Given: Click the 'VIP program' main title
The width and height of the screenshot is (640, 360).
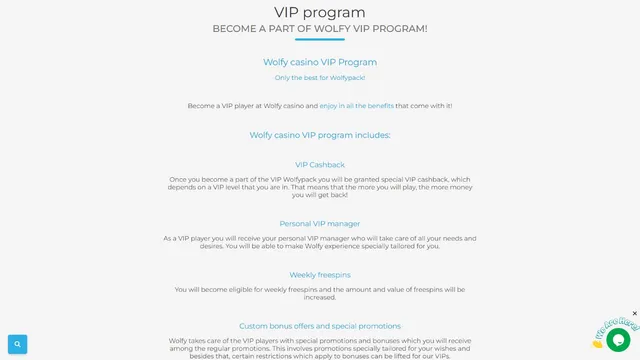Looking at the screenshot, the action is coord(319,12).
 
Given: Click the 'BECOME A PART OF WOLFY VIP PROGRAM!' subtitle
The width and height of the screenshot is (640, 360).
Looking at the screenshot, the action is coord(319,29).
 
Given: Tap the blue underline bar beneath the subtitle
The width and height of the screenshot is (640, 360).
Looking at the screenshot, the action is coord(319,40).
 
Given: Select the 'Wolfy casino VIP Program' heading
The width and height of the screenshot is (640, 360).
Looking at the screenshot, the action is coord(319,62).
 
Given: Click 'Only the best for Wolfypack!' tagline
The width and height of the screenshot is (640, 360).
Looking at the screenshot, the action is coord(319,78).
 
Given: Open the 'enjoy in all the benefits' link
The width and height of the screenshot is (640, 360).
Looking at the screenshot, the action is coord(356,105).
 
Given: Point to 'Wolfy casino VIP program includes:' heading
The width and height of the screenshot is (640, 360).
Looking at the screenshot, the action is coord(319,135).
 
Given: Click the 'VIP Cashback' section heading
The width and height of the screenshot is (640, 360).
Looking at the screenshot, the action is coord(319,165).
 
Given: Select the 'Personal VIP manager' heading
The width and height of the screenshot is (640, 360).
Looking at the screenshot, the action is coord(319,224).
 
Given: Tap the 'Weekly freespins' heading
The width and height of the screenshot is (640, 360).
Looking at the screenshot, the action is coord(319,275).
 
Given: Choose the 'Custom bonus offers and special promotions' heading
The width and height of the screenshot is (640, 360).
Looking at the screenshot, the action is coord(319,326).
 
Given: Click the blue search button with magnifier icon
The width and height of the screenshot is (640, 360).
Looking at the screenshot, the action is coord(17,344).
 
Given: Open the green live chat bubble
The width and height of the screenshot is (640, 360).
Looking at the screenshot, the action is coord(618,339).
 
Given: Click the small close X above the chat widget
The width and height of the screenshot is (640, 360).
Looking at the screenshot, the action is coord(634,313).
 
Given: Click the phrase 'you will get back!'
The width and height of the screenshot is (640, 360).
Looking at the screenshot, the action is coord(319,195).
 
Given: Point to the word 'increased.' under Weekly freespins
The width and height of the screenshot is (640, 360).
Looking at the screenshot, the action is coord(319,297).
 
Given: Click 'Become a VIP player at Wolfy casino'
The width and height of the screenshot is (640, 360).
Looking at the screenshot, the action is coord(252,105).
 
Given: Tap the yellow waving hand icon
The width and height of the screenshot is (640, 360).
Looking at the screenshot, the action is coord(598,342).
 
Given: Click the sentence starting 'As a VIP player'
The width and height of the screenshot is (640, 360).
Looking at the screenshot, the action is coord(319,239).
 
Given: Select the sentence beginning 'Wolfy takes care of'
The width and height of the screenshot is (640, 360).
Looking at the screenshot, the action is coord(319,341).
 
